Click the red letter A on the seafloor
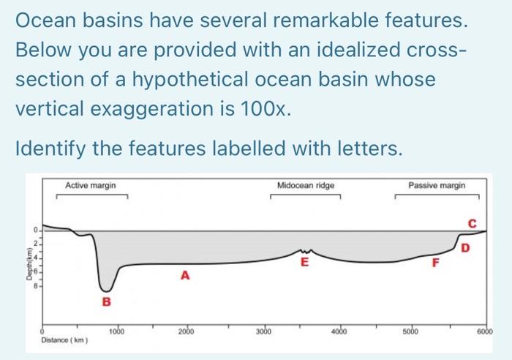pyautogui.click(x=186, y=275)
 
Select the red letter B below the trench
pyautogui.click(x=106, y=301)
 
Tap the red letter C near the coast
pyautogui.click(x=472, y=222)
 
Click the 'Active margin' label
pyautogui.click(x=90, y=186)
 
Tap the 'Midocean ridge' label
pyautogui.click(x=306, y=186)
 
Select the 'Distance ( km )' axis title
pyautogui.click(x=64, y=340)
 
